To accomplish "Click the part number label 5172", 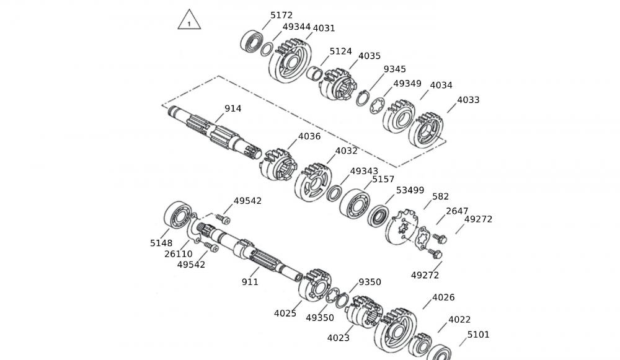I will click(281, 15).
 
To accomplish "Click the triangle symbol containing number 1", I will click(190, 21).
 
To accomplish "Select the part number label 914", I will click(233, 108).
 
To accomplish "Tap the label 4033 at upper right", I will click(468, 100).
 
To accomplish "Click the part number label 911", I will click(250, 282).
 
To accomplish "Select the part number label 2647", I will click(457, 211).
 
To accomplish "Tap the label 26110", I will click(179, 254).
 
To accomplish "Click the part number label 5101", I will click(478, 335).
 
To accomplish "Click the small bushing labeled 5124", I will click(315, 75).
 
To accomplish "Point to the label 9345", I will click(394, 69).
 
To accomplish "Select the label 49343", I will click(364, 171).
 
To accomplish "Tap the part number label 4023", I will click(339, 338).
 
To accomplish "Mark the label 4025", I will click(285, 313).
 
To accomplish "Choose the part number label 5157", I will click(383, 180).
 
